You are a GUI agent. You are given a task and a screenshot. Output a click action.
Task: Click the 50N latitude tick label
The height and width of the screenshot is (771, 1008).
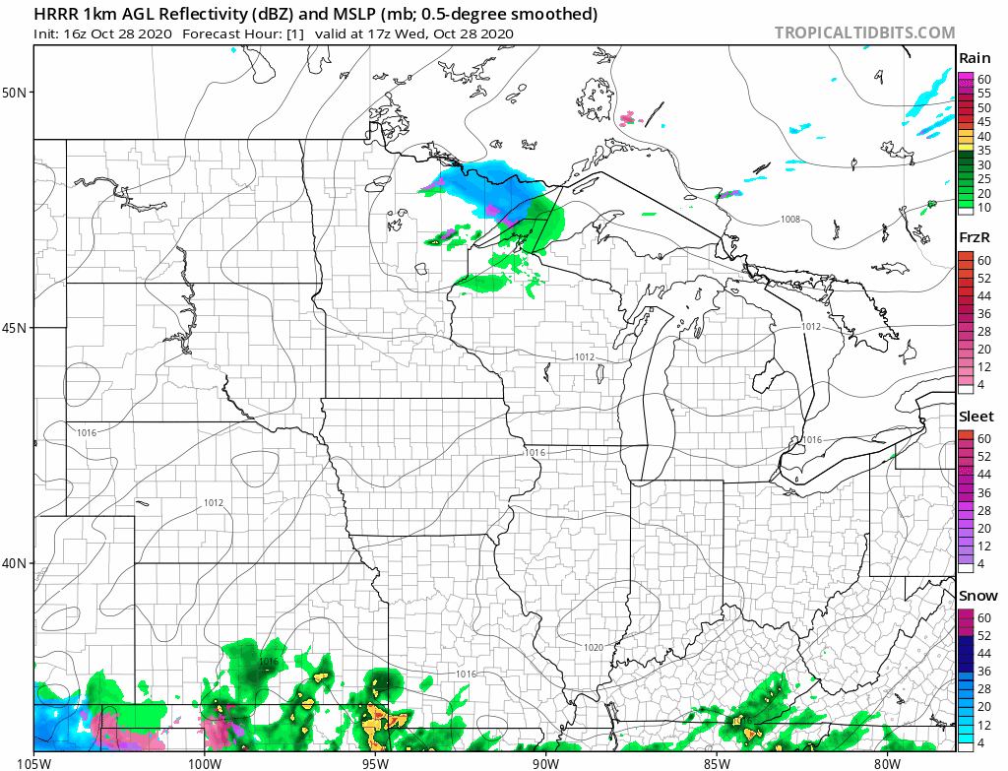pos(16,93)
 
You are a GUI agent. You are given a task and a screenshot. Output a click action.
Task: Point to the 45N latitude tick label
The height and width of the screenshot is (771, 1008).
pos(16,328)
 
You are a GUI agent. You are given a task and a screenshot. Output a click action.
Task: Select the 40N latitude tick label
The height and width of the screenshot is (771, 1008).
pos(16,563)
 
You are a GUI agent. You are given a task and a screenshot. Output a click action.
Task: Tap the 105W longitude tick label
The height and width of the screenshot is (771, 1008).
pos(33,762)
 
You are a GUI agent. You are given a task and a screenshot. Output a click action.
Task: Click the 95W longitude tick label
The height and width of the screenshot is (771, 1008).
pos(374,762)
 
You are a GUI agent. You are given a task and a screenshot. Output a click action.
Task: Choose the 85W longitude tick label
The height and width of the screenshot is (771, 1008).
pos(716,762)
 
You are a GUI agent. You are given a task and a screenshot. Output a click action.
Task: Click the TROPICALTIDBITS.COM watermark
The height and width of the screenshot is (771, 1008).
pos(864,32)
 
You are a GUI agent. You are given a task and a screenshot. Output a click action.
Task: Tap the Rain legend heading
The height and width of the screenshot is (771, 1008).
pos(975,59)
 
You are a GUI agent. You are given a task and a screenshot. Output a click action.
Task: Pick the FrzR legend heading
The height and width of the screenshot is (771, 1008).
pos(975,238)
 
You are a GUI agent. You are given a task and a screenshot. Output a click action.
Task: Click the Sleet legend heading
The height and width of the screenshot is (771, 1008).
pos(976,417)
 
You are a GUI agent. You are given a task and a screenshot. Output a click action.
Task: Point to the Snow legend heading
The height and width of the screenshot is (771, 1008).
pos(977,596)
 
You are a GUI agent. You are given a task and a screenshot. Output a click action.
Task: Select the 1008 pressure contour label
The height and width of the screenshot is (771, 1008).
pos(791,219)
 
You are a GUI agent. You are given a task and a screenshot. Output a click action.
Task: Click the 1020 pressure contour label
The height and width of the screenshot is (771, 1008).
pos(593,647)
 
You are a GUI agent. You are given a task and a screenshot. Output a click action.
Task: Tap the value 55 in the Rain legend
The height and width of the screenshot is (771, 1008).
pos(983,93)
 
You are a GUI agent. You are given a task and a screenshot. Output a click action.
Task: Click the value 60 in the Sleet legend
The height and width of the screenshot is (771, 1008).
pos(983,437)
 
